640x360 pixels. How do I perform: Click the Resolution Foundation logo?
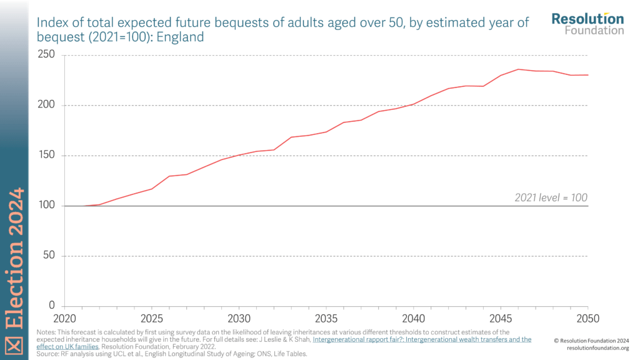tap(587, 23)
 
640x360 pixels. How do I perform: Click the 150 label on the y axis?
tap(47, 156)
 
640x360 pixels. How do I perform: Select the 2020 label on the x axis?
tap(64, 318)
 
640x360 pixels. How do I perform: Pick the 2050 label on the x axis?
tap(587, 318)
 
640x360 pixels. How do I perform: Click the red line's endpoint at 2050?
tap(588, 75)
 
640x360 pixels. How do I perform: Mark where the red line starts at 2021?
tap(82, 206)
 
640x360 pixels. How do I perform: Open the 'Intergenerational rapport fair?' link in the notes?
tap(422, 339)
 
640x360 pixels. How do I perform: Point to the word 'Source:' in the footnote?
tap(49, 354)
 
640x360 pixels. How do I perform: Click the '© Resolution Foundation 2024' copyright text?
tap(591, 340)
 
